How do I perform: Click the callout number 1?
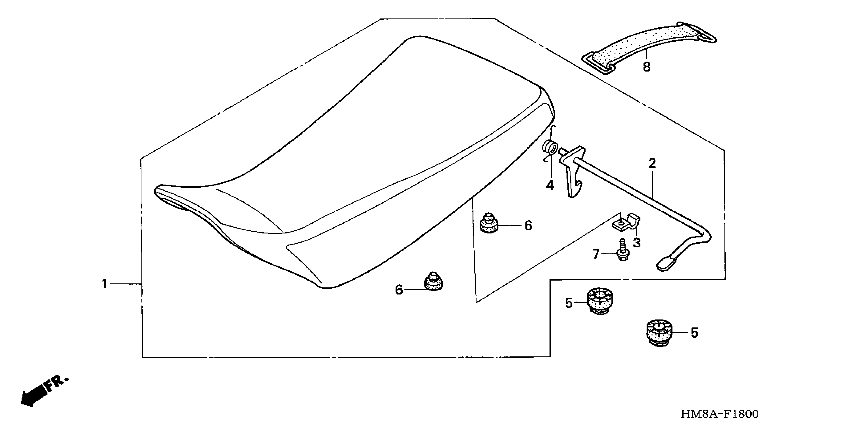tap(105, 284)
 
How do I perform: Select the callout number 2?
tap(652, 163)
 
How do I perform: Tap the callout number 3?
tap(637, 243)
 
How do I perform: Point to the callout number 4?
tap(550, 185)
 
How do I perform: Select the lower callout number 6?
tap(399, 290)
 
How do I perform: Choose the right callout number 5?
tap(694, 333)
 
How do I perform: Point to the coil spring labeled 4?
tap(550, 147)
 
